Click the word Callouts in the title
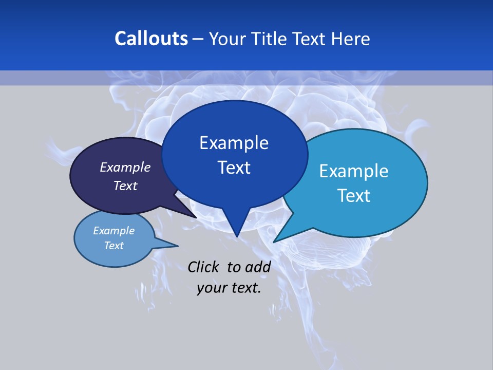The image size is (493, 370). coord(151,39)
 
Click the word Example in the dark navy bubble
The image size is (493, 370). coord(125,167)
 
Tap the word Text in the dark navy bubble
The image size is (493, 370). coord(125,186)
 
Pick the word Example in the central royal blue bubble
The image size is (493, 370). coord(234,143)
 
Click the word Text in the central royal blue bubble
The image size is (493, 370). coord(234,168)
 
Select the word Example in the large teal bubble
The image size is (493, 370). coord(354,171)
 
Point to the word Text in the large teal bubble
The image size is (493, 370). coord(354,195)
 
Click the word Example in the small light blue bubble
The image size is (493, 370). coord(113,231)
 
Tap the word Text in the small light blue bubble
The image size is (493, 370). coord(113,246)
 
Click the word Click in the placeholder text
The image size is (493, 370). coord(204,267)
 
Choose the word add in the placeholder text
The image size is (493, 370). coord(258,267)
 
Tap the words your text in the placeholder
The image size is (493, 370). coord(229,288)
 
